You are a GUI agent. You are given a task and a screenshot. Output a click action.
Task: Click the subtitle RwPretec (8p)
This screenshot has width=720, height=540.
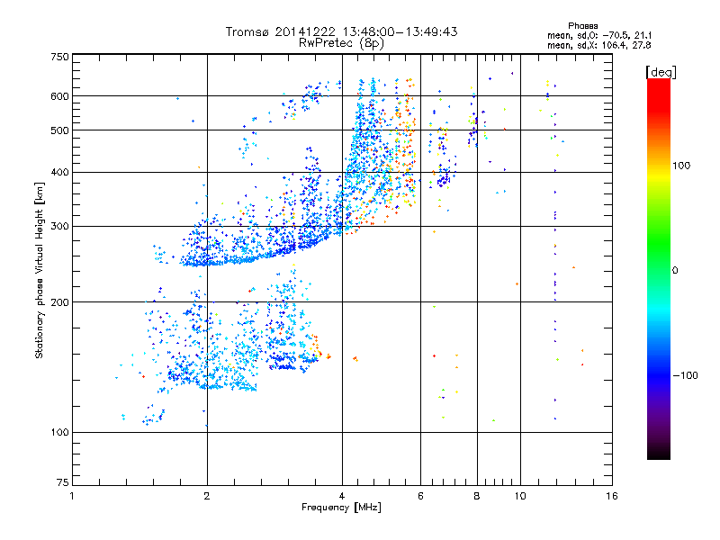pos(341,42)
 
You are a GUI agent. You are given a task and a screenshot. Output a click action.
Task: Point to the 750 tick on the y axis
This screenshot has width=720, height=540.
pos(59,56)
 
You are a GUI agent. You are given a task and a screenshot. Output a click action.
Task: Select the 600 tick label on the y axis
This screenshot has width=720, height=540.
pos(59,96)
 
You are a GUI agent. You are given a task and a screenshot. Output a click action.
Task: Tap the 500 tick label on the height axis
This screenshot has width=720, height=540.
pos(59,130)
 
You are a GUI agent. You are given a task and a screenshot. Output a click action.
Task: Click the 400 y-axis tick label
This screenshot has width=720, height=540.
pos(59,172)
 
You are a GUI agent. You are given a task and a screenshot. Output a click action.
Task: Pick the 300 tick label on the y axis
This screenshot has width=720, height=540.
pos(59,227)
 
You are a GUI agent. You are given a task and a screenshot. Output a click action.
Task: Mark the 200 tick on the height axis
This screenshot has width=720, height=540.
pos(59,302)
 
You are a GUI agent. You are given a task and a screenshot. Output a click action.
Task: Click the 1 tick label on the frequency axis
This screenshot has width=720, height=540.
pos(72,496)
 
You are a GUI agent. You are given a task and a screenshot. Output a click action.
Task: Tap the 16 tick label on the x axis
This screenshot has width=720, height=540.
pos(611,496)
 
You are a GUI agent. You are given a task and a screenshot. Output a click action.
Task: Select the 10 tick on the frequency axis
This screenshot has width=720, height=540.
pos(519,496)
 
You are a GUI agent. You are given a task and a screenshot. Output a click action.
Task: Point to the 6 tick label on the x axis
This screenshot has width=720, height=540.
pos(420,496)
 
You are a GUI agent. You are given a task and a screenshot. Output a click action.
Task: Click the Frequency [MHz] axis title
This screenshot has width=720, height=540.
pos(341,508)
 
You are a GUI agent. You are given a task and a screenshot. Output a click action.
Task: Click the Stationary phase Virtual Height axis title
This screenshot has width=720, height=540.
pos(40,270)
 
